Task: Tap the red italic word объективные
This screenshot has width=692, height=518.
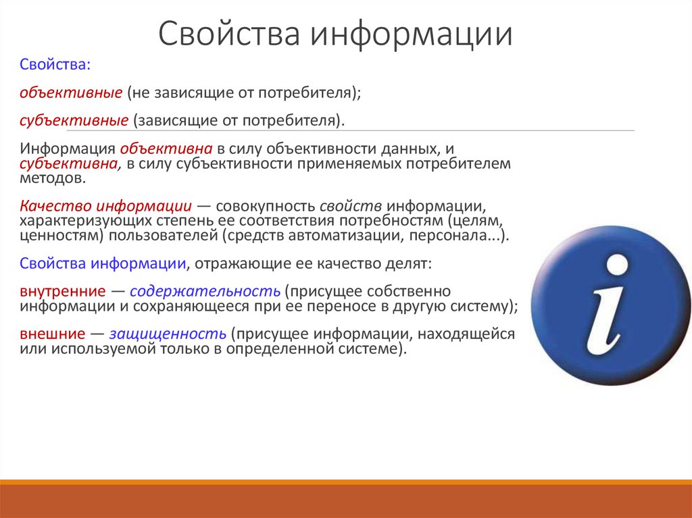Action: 70,93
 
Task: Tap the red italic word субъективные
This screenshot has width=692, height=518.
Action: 74,121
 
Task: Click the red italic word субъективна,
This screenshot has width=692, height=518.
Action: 70,163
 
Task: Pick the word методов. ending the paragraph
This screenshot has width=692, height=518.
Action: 53,178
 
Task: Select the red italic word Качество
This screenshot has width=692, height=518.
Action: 55,205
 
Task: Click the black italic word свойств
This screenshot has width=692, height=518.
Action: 351,205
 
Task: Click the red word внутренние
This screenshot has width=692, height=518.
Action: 63,291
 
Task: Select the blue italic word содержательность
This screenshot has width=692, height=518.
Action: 205,291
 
